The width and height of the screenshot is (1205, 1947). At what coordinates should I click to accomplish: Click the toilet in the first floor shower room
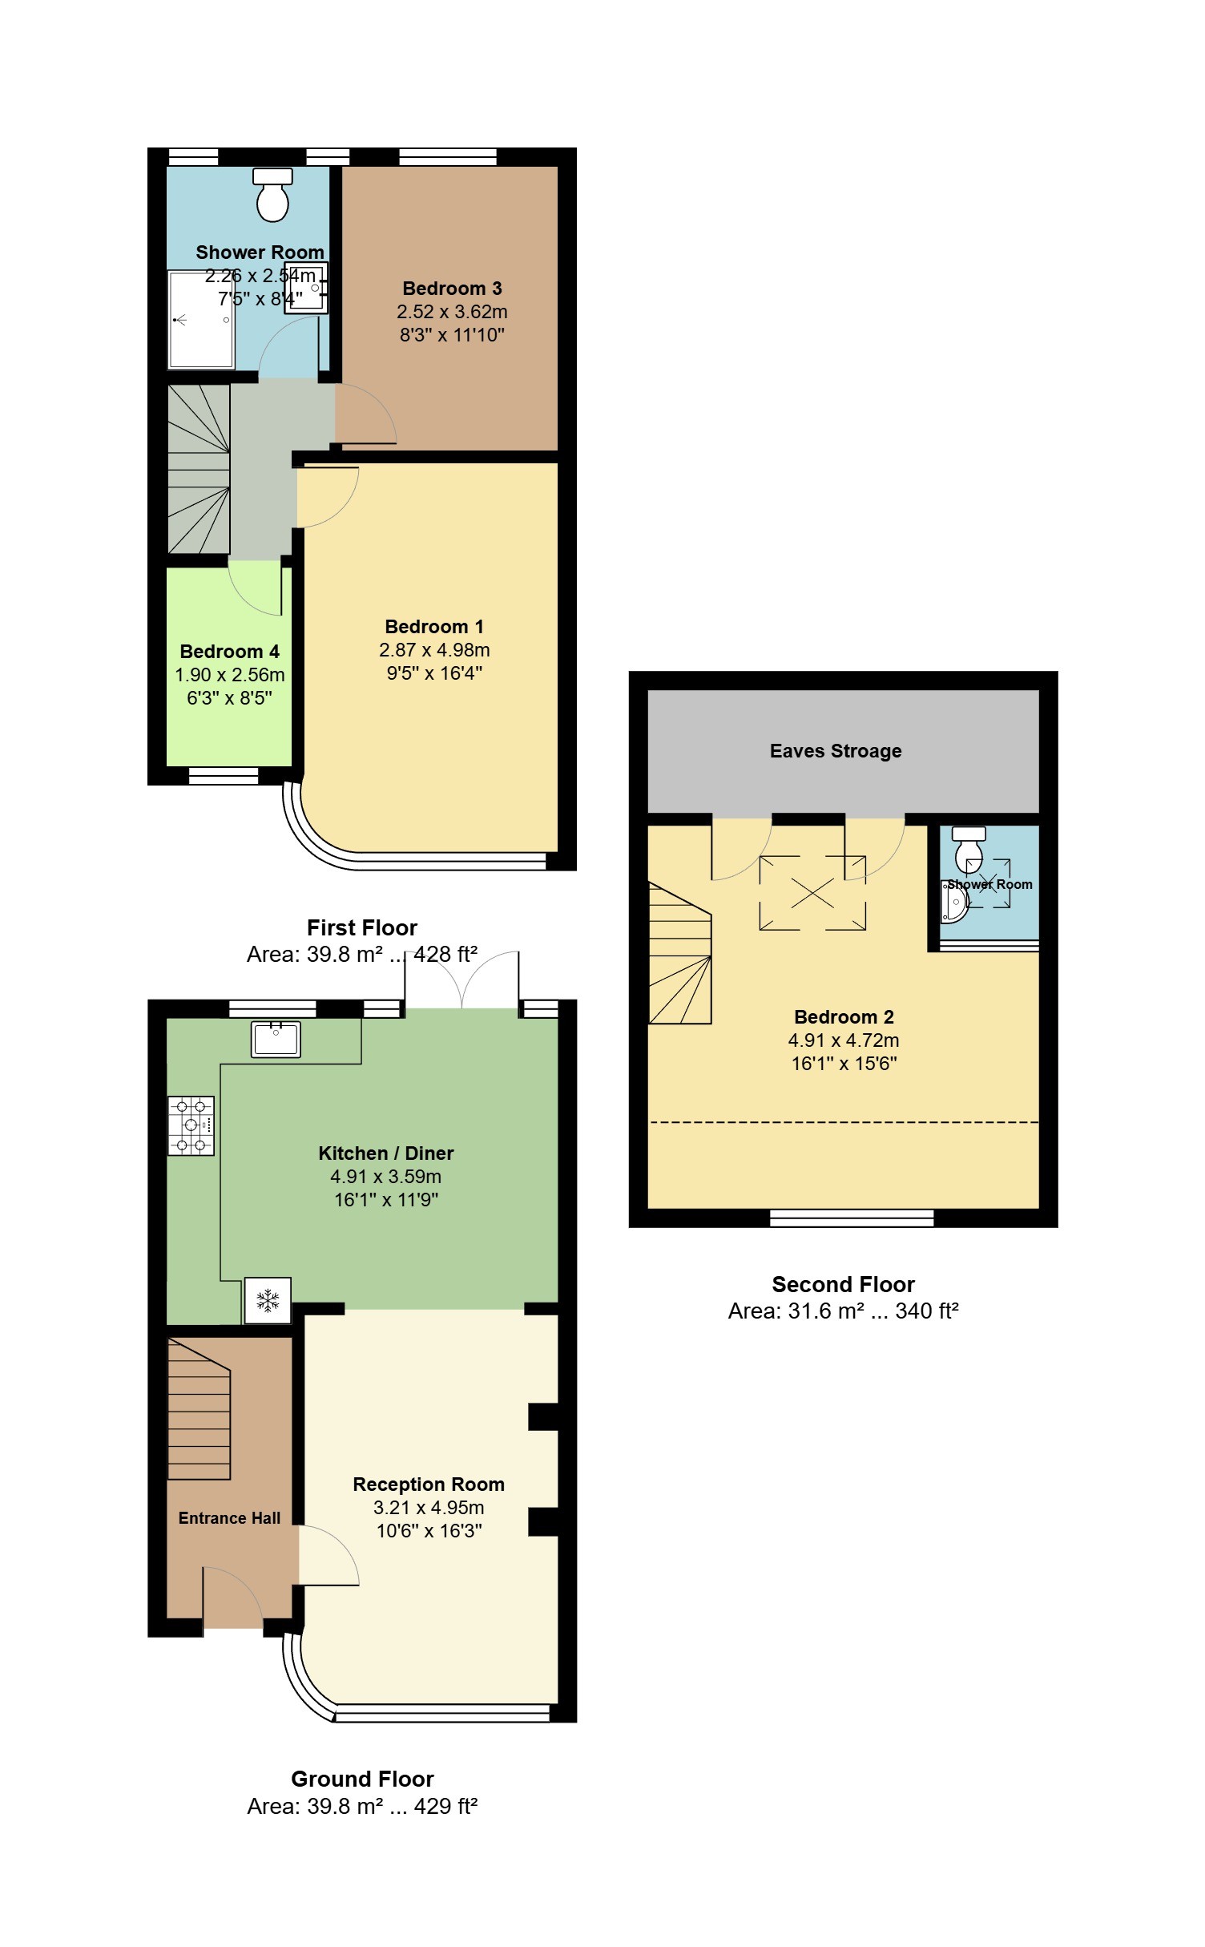[272, 195]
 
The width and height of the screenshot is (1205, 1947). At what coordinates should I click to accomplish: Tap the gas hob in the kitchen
[191, 1125]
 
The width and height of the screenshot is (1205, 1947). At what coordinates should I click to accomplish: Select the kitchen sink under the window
[276, 1039]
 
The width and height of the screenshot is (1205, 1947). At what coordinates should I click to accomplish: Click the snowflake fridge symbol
[268, 1300]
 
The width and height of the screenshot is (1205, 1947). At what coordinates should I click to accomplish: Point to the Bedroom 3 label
[452, 289]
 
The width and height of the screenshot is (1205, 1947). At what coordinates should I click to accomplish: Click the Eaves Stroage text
[836, 751]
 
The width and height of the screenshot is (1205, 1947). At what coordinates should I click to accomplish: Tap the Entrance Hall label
[229, 1518]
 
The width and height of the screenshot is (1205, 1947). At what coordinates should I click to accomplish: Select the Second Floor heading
[843, 1284]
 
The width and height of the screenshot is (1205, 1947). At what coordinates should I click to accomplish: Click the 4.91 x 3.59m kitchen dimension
[386, 1177]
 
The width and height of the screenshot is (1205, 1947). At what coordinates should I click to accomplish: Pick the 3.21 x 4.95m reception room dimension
[429, 1508]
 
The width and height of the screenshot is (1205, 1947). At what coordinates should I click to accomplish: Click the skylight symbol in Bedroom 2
[812, 893]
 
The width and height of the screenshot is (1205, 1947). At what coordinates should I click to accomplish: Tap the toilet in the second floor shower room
[969, 850]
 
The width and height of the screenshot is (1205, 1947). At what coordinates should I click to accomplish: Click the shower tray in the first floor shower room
[200, 320]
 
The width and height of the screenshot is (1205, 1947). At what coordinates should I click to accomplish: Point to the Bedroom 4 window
[224, 776]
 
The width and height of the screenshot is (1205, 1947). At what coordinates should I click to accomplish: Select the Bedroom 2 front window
[852, 1218]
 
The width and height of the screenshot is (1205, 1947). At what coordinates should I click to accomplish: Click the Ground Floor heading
[362, 1779]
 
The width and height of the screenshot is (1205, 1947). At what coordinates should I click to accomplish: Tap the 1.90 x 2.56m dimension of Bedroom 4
[230, 675]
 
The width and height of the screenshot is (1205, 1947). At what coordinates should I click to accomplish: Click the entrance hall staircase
[199, 1408]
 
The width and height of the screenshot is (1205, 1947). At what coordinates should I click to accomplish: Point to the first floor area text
[362, 955]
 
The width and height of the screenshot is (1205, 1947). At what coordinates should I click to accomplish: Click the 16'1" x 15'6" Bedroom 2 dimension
[844, 1064]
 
